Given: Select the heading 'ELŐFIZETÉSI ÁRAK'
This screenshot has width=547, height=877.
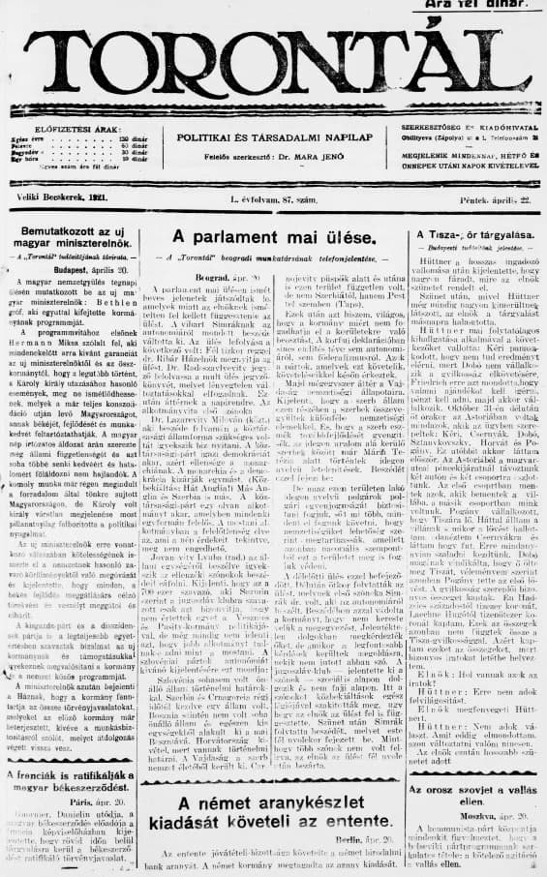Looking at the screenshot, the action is [x=77, y=128].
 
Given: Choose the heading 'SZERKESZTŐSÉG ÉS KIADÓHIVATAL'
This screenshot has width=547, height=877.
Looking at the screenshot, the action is [x=469, y=127].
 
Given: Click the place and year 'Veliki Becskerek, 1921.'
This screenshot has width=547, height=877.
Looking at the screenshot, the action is [x=68, y=197].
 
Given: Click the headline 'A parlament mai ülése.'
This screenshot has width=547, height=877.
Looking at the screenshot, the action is [x=272, y=236].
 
